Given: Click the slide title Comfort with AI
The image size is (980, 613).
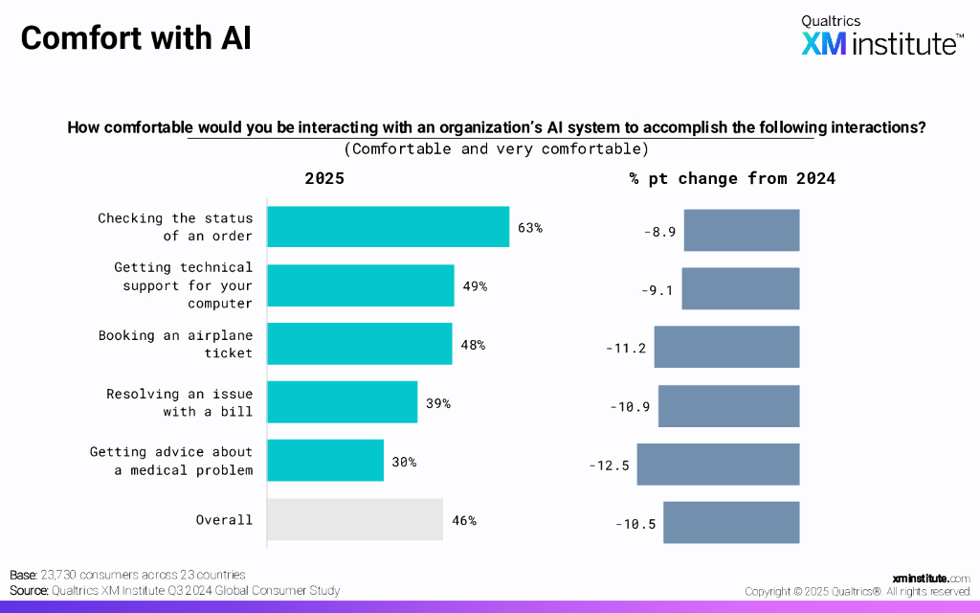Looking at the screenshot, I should pyautogui.click(x=136, y=38).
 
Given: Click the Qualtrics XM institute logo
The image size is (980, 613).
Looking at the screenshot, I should pyautogui.click(x=881, y=36).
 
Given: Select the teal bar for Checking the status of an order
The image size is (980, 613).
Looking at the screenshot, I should pyautogui.click(x=388, y=227).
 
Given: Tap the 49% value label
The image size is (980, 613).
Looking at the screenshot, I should pyautogui.click(x=476, y=285).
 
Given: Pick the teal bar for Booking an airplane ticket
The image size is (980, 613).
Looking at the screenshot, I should pyautogui.click(x=359, y=344).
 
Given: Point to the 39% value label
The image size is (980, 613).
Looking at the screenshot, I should pyautogui.click(x=438, y=403).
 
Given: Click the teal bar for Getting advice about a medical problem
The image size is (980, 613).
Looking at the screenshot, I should pyautogui.click(x=325, y=461).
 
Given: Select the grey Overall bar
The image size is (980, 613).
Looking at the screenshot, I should pyautogui.click(x=354, y=520).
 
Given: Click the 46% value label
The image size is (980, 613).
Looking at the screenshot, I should pyautogui.click(x=463, y=520).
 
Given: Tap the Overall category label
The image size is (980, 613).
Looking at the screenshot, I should pyautogui.click(x=224, y=520).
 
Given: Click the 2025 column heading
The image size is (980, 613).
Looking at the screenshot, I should pyautogui.click(x=324, y=179).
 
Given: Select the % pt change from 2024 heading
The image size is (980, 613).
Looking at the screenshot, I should pyautogui.click(x=732, y=179).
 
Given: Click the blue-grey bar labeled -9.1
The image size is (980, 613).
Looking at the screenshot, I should pyautogui.click(x=740, y=288).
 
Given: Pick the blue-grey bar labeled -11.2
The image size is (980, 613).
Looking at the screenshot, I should pyautogui.click(x=726, y=347).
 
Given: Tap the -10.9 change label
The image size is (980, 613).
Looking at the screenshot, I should pyautogui.click(x=630, y=406).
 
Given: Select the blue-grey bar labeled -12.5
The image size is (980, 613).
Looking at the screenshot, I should pyautogui.click(x=718, y=464).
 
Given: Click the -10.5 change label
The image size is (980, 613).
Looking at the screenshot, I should pyautogui.click(x=635, y=524).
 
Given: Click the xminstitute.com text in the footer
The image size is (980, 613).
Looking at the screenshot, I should pyautogui.click(x=930, y=579).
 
